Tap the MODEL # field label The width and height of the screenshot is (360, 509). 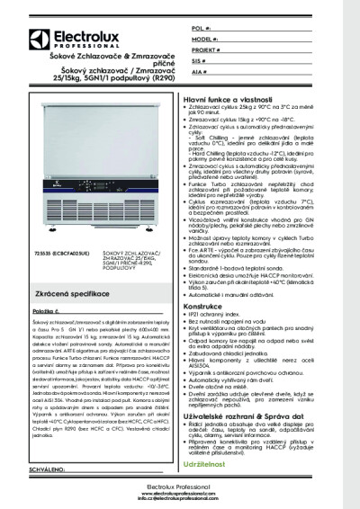click(202, 41)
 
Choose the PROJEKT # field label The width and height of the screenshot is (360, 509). click(205, 51)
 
